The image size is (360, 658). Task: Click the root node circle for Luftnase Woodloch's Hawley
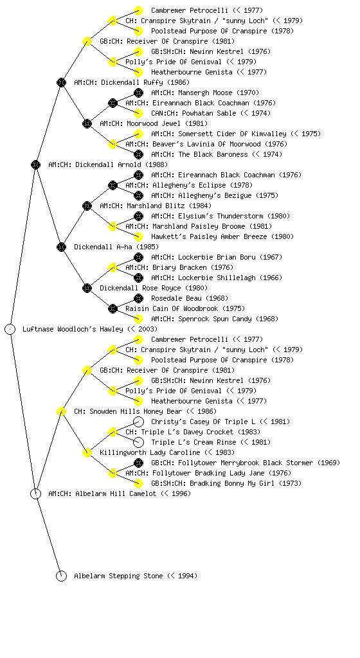click(x=10, y=329)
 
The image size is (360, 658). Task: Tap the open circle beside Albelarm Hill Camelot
click(x=35, y=493)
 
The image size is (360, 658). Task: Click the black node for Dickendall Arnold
click(x=35, y=164)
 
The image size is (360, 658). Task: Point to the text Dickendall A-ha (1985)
click(x=111, y=247)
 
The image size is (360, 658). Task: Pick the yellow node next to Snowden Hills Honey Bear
click(x=61, y=411)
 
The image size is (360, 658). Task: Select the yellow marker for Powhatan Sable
click(x=138, y=113)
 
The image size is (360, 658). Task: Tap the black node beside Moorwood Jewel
click(x=87, y=123)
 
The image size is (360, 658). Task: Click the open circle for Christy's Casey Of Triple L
click(x=138, y=422)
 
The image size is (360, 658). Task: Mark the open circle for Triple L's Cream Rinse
click(x=138, y=442)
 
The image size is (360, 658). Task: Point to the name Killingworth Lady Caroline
click(x=150, y=452)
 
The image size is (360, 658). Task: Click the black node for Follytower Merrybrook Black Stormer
click(x=138, y=463)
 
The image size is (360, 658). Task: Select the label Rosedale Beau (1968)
click(x=190, y=298)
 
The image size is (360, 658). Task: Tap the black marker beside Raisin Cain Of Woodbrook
click(x=113, y=308)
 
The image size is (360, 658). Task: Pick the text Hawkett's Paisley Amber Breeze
click(x=209, y=236)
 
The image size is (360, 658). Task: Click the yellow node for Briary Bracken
click(x=113, y=267)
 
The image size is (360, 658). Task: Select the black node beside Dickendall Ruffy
click(x=61, y=82)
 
